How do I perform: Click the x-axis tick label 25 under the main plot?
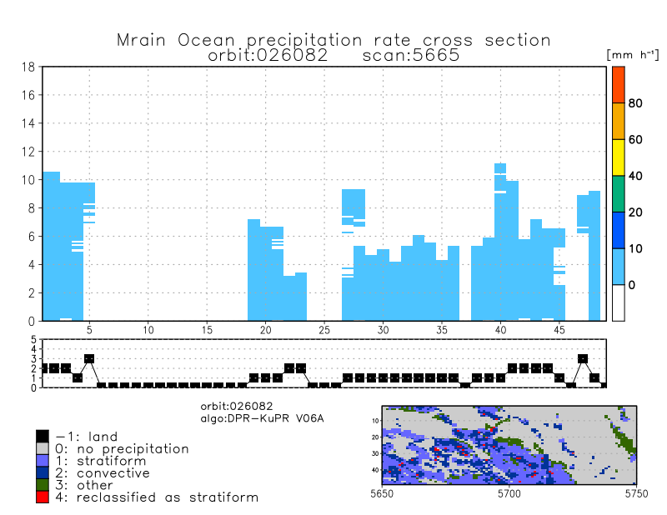coord(324,330)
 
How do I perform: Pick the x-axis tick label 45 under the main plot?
coord(559,330)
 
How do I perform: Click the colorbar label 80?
coord(635,103)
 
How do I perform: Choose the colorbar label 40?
coord(635,176)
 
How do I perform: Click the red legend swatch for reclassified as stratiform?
coord(43,497)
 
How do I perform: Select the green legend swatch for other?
coord(43,485)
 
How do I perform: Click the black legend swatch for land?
coord(43,436)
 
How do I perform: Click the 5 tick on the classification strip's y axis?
coord(34,340)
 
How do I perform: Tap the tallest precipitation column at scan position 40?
coord(500,242)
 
